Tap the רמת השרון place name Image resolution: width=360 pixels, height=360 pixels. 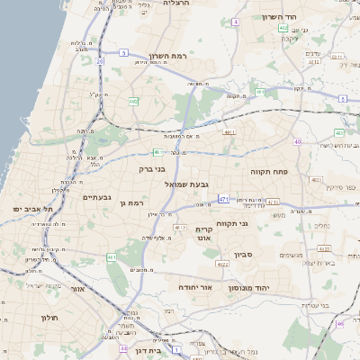[x=167, y=56]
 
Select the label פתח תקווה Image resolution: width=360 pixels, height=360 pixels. [x=269, y=170]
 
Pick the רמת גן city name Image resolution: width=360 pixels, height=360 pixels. [x=132, y=203]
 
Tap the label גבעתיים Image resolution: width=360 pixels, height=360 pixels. [x=97, y=197]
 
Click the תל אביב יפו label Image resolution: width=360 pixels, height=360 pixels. [x=34, y=209]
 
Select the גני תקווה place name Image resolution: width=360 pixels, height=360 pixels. [x=231, y=223]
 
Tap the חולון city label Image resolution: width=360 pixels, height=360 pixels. [x=49, y=317]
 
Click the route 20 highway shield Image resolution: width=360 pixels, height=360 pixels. [x=99, y=61]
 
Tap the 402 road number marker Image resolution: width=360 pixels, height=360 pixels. [x=283, y=28]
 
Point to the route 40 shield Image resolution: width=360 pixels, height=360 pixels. [x=297, y=141]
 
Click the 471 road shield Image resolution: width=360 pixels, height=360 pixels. [x=223, y=199]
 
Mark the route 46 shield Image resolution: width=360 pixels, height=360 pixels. [x=340, y=323]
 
